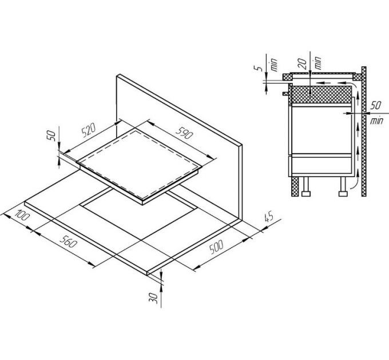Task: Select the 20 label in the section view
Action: coord(301,61)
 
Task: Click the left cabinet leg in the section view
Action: coord(306,187)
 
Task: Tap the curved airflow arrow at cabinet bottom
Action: coord(354,184)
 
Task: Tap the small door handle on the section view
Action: coord(285,91)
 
